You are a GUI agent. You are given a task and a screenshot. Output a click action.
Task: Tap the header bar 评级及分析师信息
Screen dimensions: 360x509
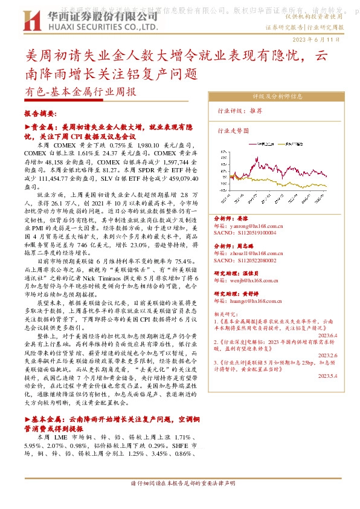277,96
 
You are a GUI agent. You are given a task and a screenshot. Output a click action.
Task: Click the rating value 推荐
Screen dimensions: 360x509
256,111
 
